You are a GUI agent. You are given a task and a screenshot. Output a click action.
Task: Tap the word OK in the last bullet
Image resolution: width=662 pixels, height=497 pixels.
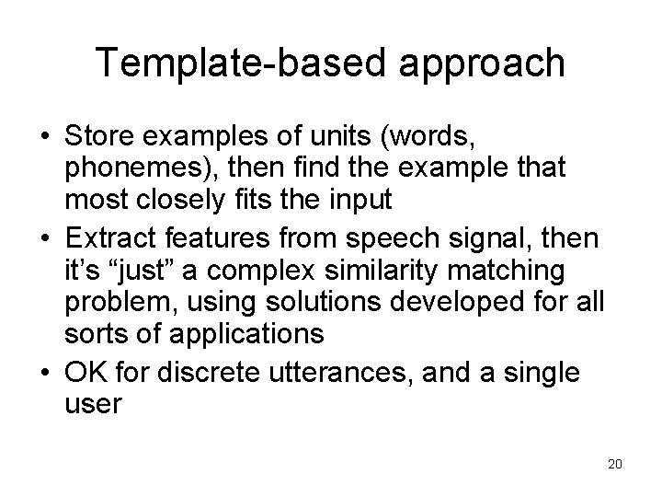[86, 374]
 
